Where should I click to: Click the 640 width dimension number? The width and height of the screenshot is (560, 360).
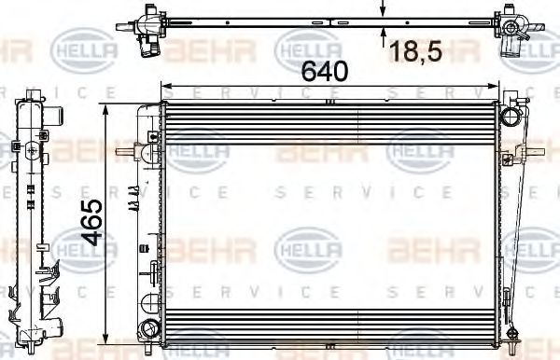click(324, 71)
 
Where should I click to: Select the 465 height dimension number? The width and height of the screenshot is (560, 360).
click(91, 223)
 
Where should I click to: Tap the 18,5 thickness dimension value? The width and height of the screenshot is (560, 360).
click(415, 51)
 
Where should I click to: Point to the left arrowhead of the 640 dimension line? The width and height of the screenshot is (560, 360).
click(166, 86)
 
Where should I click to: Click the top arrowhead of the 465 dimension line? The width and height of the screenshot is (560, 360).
click(105, 110)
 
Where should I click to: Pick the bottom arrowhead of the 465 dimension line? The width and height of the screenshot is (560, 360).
click(105, 339)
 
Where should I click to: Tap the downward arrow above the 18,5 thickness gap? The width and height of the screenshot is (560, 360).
click(383, 11)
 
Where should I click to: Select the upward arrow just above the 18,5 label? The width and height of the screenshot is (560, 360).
click(383, 34)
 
